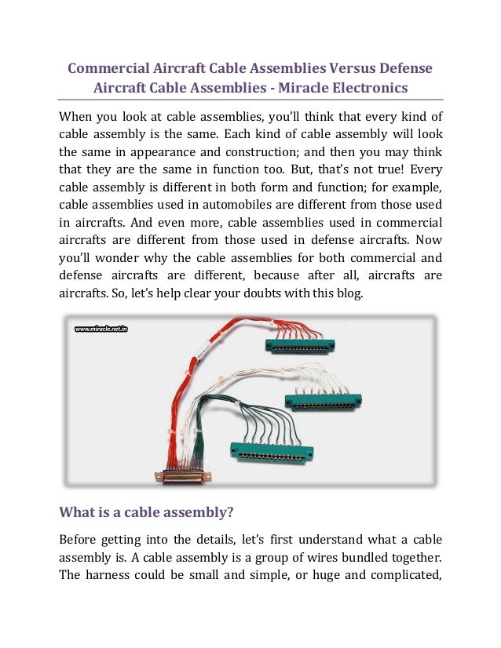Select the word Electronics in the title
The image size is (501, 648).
click(x=368, y=87)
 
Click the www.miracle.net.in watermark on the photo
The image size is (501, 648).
click(x=101, y=330)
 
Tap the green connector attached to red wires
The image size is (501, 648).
click(x=299, y=345)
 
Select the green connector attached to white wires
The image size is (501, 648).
click(x=322, y=402)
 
